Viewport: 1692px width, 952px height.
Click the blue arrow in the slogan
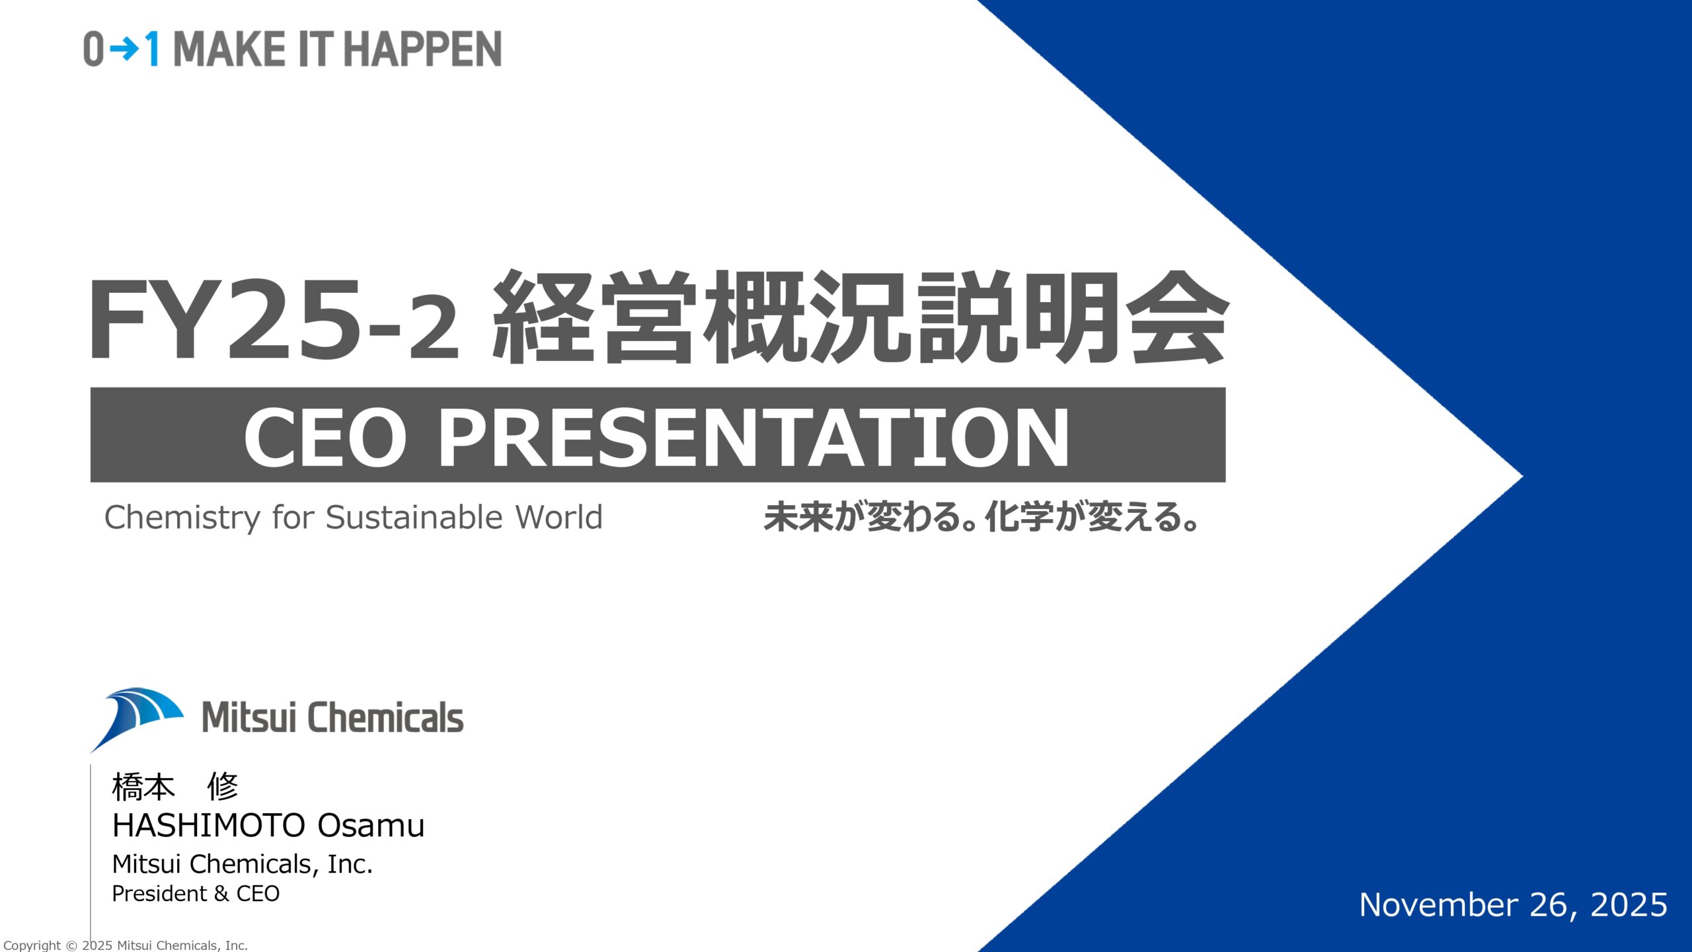(x=124, y=49)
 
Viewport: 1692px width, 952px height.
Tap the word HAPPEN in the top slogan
(x=422, y=49)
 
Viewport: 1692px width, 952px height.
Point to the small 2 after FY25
(x=434, y=329)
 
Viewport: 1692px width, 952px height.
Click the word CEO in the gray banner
(x=325, y=437)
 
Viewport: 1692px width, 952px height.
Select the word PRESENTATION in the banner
(x=753, y=437)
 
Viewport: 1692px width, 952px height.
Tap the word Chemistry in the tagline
(x=182, y=518)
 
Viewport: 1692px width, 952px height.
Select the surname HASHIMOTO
(x=209, y=825)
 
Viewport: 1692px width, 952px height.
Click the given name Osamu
(x=371, y=825)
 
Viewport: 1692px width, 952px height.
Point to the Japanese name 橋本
(x=143, y=787)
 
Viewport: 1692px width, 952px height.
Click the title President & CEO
(x=196, y=894)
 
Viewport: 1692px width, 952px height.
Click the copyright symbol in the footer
(x=71, y=945)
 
